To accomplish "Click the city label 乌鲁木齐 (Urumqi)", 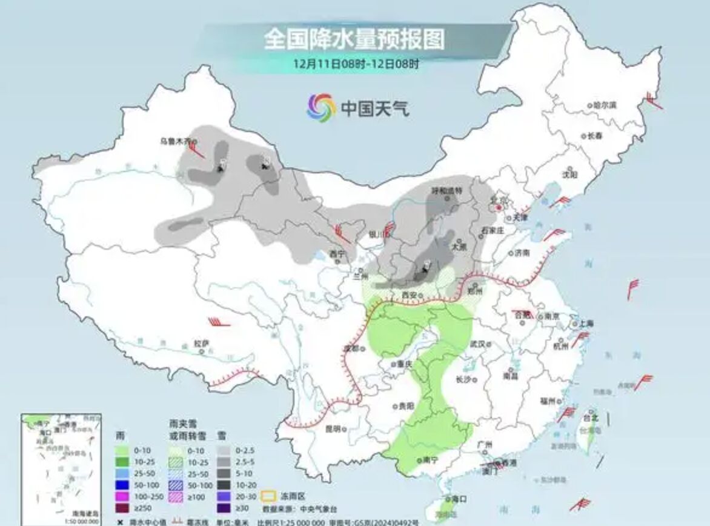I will point(175,141).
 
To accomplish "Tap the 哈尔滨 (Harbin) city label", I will point(604,105).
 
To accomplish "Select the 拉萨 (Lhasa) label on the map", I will point(201,343).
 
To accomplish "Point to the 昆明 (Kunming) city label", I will point(333,428).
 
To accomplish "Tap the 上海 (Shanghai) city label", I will point(585,324).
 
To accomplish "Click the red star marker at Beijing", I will point(498,207).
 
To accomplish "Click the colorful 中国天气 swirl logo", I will point(320,108).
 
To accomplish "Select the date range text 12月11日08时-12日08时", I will point(356,63).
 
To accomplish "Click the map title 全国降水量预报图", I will point(354,39).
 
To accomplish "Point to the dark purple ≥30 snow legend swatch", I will point(226,508).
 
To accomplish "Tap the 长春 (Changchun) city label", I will point(595,136).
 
